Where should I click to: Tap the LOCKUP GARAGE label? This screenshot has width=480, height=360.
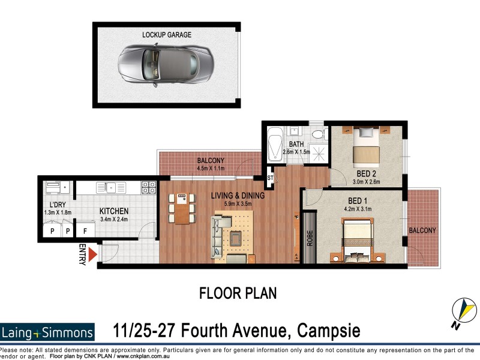167,35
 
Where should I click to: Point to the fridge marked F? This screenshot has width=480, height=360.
86,230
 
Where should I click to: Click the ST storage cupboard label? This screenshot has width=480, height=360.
270,178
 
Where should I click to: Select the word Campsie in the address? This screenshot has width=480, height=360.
324,331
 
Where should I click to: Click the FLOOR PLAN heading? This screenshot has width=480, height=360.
238,294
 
